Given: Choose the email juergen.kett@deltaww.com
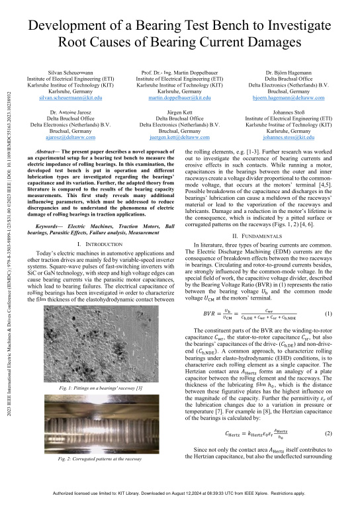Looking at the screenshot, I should click(179, 137).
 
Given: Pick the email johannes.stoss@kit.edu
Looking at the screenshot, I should click(287, 137).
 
